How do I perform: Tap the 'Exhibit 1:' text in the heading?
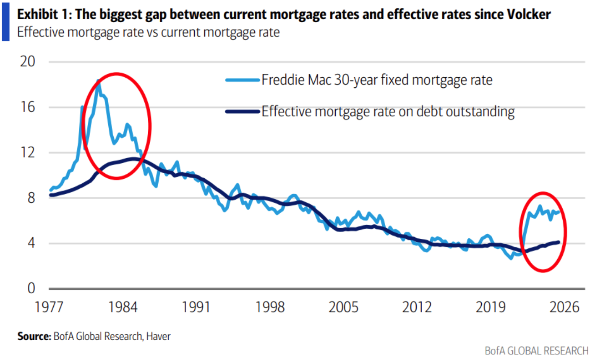coord(44,14)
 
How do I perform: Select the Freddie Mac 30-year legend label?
coord(376,80)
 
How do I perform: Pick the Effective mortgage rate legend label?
coord(388,112)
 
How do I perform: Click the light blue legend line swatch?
coord(243,80)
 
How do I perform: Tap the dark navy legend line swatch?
coord(243,112)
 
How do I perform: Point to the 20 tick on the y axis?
coord(28,62)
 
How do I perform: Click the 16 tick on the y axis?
coord(28,107)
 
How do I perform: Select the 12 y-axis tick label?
coord(28,152)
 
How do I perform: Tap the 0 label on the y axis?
coord(31,289)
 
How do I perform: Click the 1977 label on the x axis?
coord(49,307)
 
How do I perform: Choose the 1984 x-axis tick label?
coord(123,307)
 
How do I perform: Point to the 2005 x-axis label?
coord(343,307)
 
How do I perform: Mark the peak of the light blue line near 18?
coord(98,81)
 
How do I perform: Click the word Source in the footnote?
coord(33,337)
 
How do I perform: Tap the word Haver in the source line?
coord(158,337)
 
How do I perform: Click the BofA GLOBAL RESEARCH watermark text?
coord(536,351)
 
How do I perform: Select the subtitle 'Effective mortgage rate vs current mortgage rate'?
coord(148,32)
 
